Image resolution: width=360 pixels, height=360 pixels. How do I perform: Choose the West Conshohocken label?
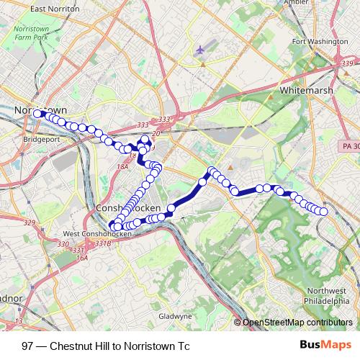(99, 233)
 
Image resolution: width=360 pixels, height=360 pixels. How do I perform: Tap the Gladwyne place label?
(175, 315)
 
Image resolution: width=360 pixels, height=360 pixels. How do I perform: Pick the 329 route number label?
(29, 223)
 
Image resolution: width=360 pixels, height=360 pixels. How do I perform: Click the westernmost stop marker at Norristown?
(37, 114)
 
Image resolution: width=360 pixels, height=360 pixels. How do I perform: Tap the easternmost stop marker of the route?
(323, 212)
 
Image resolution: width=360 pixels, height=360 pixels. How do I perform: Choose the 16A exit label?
(81, 256)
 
